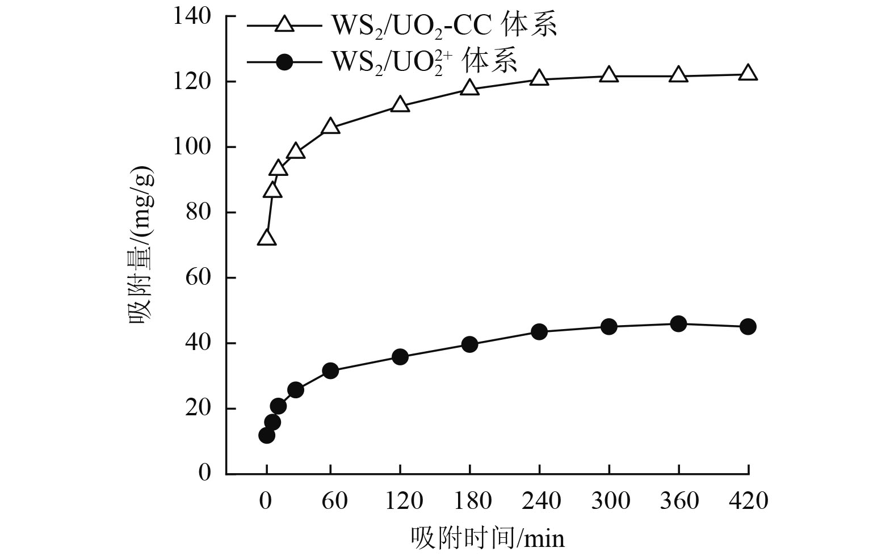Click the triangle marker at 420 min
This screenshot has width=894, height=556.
tap(748, 73)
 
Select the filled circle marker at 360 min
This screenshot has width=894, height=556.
tap(678, 324)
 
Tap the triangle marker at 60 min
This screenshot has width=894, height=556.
tap(330, 127)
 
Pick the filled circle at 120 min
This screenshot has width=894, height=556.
tap(400, 357)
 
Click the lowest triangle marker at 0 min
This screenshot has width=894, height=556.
tap(267, 238)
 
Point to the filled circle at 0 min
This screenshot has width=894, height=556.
tap(267, 435)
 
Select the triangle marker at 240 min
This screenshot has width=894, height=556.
tap(539, 78)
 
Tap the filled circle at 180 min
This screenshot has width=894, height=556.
tap(469, 344)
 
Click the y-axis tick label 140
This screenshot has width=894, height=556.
tap(193, 17)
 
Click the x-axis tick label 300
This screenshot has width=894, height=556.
tap(609, 501)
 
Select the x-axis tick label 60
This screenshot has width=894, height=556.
tap(335, 501)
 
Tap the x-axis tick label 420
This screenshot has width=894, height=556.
tap(748, 501)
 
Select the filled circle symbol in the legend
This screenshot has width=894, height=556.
tap(283, 62)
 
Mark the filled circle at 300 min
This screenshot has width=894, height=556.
tap(608, 327)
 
